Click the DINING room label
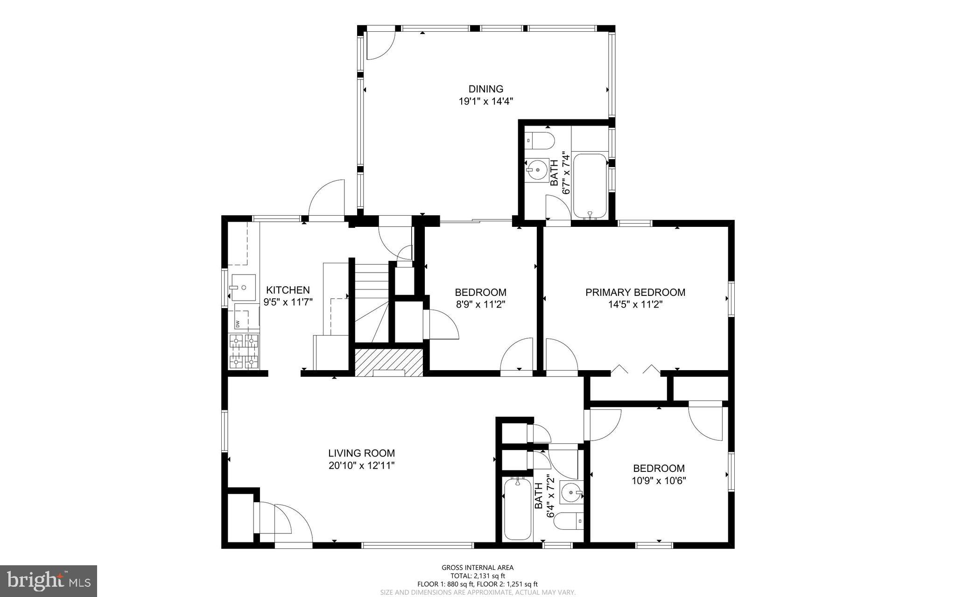click(x=486, y=89)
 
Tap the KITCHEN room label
click(x=288, y=290)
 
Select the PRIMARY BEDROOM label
click(x=635, y=292)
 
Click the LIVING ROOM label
click(x=361, y=453)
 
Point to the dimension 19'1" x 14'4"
click(x=486, y=101)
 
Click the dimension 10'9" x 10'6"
click(x=659, y=480)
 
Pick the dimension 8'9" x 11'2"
click(x=480, y=304)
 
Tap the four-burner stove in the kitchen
click(x=244, y=352)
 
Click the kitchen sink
click(x=243, y=287)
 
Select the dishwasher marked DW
click(x=246, y=317)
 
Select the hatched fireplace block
click(x=388, y=362)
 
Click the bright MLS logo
click(x=49, y=580)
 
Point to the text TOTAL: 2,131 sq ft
click(x=478, y=576)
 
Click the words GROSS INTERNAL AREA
click(x=478, y=568)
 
